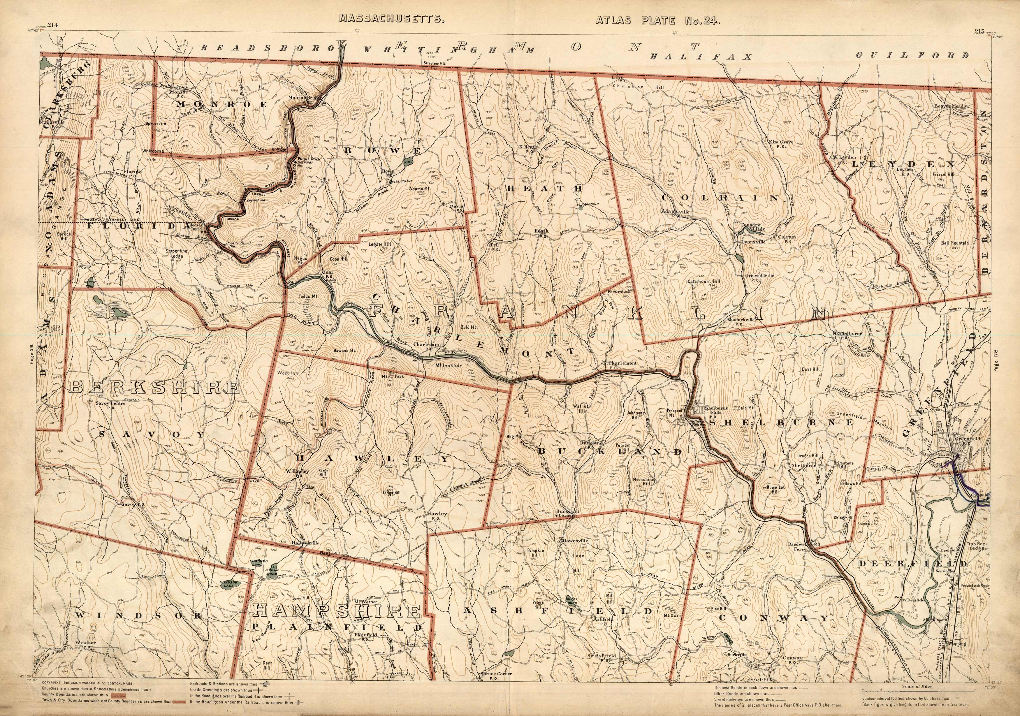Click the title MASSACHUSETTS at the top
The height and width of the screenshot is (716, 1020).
tap(392, 19)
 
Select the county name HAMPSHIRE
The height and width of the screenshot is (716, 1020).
tap(336, 612)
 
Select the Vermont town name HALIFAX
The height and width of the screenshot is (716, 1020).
tap(701, 57)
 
